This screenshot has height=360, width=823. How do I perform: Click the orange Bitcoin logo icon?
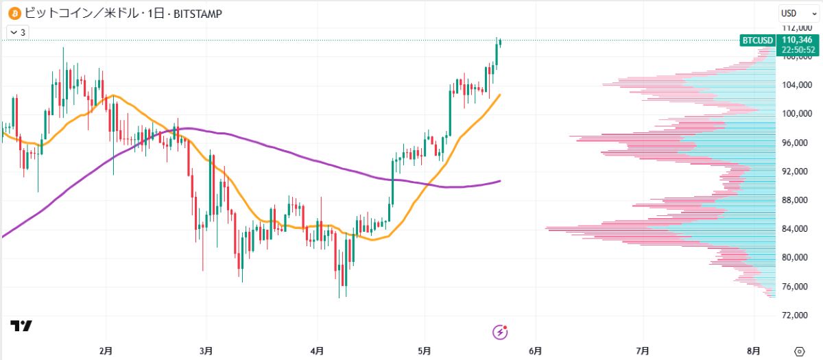(13, 13)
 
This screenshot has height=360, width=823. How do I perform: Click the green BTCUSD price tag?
(758, 40)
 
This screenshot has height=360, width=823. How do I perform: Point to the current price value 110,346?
(797, 40)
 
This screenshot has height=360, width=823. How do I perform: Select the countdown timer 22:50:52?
(797, 49)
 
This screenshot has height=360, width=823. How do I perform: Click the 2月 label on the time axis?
(106, 350)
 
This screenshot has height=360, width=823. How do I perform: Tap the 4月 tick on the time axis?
(317, 350)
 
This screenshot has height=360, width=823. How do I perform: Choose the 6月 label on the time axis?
(536, 350)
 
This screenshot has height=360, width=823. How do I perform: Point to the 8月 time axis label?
(754, 350)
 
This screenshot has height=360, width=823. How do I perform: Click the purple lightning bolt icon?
(501, 333)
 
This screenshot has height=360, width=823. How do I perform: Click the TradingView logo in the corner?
(21, 326)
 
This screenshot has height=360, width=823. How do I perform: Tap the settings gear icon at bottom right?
(799, 350)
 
